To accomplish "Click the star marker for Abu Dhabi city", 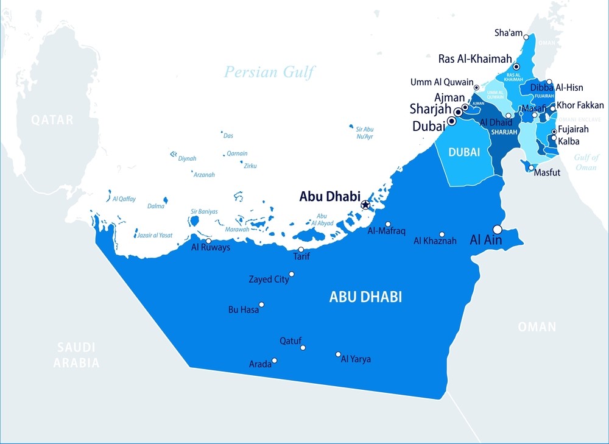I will [365, 205].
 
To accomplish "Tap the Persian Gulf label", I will [269, 72].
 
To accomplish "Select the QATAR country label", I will [52, 120].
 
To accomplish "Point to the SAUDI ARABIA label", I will [76, 355].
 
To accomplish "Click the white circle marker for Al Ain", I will [498, 230].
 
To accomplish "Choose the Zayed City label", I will [269, 280].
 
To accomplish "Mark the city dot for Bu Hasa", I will [262, 305].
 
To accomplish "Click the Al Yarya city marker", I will [339, 354].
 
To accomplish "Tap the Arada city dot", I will [275, 361].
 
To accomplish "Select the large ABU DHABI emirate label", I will [365, 297].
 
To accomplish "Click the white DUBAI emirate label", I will [464, 152].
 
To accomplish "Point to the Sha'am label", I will [509, 33].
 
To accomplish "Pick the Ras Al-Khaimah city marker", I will [516, 67].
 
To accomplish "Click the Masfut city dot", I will [531, 168].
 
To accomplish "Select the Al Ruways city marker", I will [209, 241].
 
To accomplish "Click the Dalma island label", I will [156, 206].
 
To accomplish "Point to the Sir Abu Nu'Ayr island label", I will [364, 133].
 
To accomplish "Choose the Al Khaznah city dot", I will [442, 234].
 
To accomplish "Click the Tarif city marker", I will [301, 250].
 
